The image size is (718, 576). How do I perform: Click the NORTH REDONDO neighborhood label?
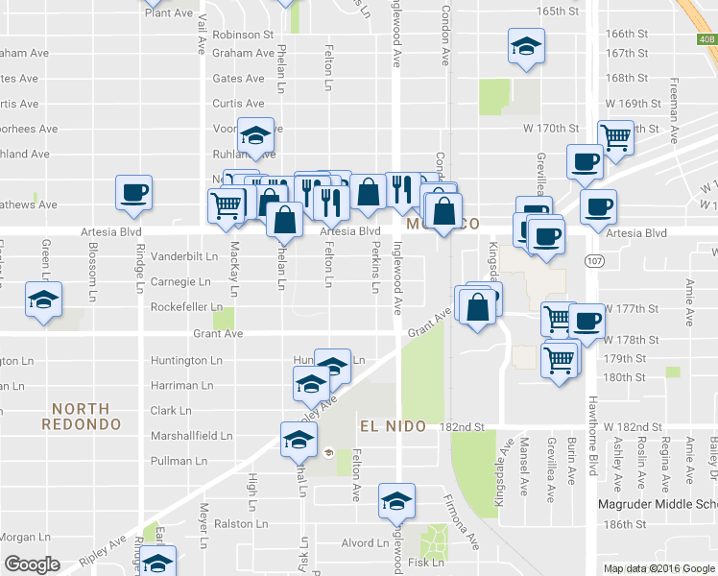(81, 416)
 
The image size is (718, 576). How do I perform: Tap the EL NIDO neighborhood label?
(392, 425)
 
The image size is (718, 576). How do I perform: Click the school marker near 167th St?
(525, 47)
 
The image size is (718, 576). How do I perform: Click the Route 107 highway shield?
(591, 260)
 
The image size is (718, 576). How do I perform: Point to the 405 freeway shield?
(706, 39)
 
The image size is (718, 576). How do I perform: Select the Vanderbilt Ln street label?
(184, 257)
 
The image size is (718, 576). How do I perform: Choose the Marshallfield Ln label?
(192, 435)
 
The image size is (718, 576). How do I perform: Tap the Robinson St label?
(244, 35)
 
